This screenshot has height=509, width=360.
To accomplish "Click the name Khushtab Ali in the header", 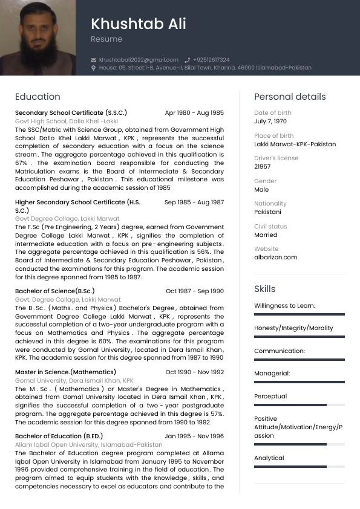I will (138, 24).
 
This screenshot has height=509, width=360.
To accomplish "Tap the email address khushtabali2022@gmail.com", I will (139, 60).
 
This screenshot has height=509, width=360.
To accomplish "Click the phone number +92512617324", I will (211, 60).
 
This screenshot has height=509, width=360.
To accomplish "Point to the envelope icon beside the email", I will (93, 60).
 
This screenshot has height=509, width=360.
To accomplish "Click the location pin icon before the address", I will (93, 68).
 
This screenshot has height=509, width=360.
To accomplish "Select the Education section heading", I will (38, 97).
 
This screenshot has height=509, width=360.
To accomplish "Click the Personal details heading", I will (290, 97).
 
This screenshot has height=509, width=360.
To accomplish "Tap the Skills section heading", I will (264, 289).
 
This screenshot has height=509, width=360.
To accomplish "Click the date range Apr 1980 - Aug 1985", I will (194, 113).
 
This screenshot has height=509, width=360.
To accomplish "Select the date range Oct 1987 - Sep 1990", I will (194, 291).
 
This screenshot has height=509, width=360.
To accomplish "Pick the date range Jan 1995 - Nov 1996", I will (194, 436).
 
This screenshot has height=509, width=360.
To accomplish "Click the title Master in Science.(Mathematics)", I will (65, 372).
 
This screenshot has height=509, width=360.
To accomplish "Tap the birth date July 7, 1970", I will (270, 122).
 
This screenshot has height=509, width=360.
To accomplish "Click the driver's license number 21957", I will (263, 167).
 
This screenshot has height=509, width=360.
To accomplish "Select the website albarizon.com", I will (275, 257).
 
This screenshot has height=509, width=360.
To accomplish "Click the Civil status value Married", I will (266, 235).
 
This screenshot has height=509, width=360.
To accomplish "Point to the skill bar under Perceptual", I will (299, 405).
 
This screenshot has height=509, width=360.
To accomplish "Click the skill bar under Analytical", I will (299, 467).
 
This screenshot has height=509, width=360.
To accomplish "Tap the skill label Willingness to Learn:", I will (284, 306).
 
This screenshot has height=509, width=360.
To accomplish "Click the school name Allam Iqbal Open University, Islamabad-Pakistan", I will (88, 445).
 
